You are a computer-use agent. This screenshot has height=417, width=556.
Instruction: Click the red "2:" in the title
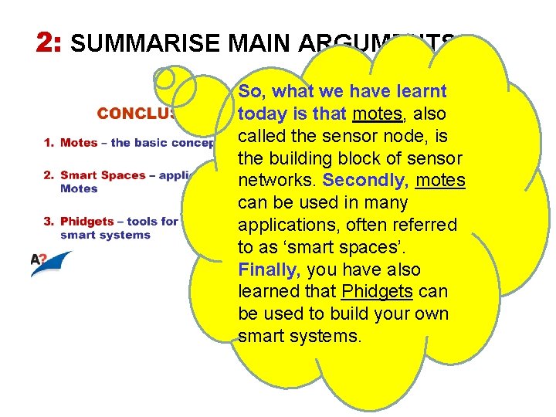tap(49, 42)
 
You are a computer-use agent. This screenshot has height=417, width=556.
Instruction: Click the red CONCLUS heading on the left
tap(135, 114)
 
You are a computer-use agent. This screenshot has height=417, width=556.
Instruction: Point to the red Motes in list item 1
tap(79, 142)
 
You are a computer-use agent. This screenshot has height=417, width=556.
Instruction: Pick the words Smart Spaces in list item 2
tap(103, 175)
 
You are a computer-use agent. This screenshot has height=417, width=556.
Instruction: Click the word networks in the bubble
tap(277, 181)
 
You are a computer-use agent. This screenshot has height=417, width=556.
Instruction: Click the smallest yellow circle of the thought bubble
tap(164, 78)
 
